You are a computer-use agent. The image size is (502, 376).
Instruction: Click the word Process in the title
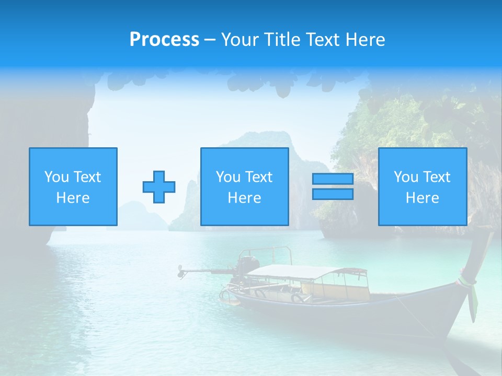164,40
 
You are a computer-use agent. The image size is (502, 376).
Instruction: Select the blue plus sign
159,187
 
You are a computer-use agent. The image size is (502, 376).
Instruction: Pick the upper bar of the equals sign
333,179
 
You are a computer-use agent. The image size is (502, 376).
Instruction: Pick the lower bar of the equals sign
333,194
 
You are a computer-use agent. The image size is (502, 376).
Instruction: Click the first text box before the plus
73,187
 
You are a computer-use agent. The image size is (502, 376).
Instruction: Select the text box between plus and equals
244,187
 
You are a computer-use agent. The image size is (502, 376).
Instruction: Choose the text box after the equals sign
422,187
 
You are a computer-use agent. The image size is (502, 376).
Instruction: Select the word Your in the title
238,40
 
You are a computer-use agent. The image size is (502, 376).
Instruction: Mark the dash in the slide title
210,40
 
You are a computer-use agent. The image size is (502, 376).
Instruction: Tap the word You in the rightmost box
405,177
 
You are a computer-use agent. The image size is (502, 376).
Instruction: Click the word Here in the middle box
244,198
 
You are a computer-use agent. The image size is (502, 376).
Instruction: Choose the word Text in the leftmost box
87,177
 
